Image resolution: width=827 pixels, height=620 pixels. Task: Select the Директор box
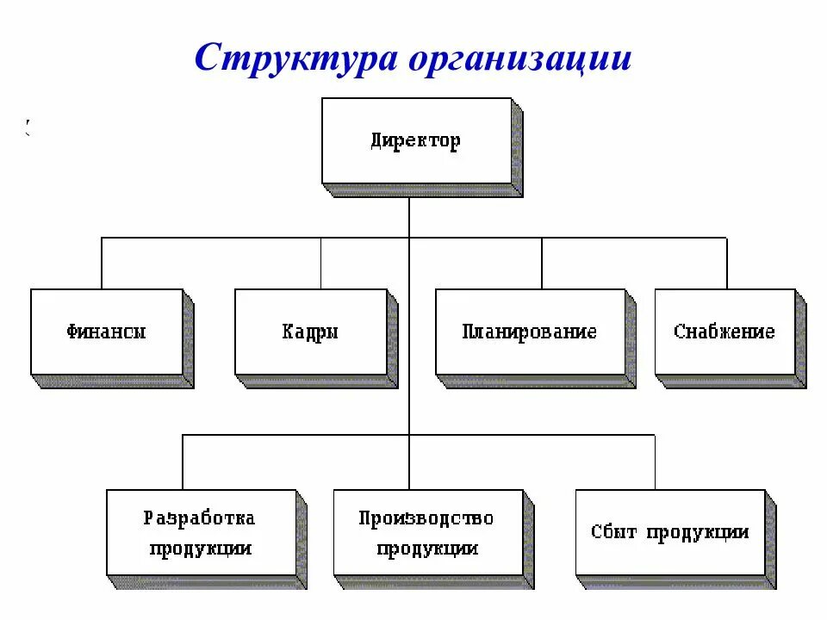coord(417,140)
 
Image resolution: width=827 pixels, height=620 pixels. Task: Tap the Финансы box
coord(107,332)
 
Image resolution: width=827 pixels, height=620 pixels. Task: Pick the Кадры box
coord(311,332)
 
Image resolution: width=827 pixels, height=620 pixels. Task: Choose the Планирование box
coord(530,332)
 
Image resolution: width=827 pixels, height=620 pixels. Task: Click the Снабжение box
coord(724,332)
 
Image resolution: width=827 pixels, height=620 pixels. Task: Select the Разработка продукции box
coord(202,532)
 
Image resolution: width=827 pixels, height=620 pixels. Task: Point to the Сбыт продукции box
coord(670,532)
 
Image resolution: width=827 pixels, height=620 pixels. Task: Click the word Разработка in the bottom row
coord(199,518)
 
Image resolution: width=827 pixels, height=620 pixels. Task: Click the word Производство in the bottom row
coord(426,518)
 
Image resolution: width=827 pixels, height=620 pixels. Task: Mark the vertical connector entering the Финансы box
coord(102,263)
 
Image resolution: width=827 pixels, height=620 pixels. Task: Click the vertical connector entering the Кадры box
coord(321,263)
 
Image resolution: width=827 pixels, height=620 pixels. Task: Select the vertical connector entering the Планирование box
coord(542,263)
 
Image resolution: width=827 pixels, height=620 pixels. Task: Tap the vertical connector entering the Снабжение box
coord(726,263)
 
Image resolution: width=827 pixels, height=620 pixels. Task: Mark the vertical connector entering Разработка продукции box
coord(183,462)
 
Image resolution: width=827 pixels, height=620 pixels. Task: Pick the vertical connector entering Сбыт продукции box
coord(655,462)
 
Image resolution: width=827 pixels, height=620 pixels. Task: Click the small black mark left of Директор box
coord(28,128)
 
